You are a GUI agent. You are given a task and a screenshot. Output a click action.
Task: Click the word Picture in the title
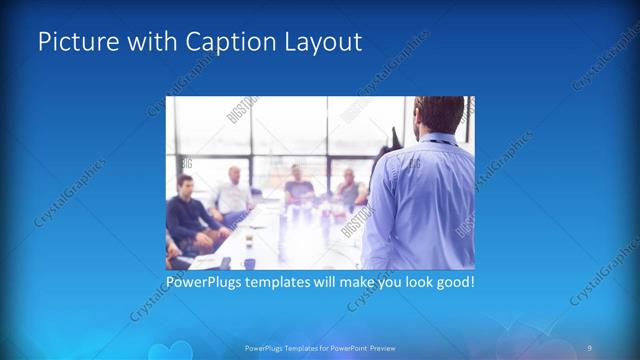point(73,42)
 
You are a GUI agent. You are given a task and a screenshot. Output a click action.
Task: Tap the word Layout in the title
point(321,42)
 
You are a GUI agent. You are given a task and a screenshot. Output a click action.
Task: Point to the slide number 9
point(590,346)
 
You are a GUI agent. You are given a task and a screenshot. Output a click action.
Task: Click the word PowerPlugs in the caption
point(209,282)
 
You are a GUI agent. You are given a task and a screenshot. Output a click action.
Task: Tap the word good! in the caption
point(452,282)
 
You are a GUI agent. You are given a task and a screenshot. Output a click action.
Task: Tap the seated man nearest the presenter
point(348,187)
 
